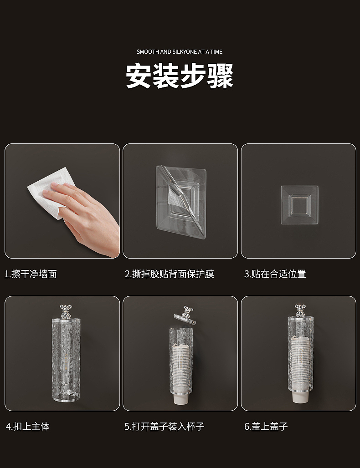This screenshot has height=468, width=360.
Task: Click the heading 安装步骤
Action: [180, 76]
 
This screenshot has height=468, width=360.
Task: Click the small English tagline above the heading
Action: [180, 52]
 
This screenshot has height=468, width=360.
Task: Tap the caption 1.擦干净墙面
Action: [31, 274]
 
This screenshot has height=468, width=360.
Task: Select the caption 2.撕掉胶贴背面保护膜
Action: [170, 274]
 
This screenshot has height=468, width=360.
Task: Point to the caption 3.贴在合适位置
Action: [275, 274]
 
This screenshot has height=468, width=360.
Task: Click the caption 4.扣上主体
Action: [28, 426]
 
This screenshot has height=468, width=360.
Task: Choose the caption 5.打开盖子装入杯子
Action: [165, 426]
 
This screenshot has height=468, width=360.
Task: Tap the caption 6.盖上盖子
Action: [266, 426]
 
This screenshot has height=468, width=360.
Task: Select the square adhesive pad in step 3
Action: [299, 205]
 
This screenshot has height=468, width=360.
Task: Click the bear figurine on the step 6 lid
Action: [299, 311]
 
